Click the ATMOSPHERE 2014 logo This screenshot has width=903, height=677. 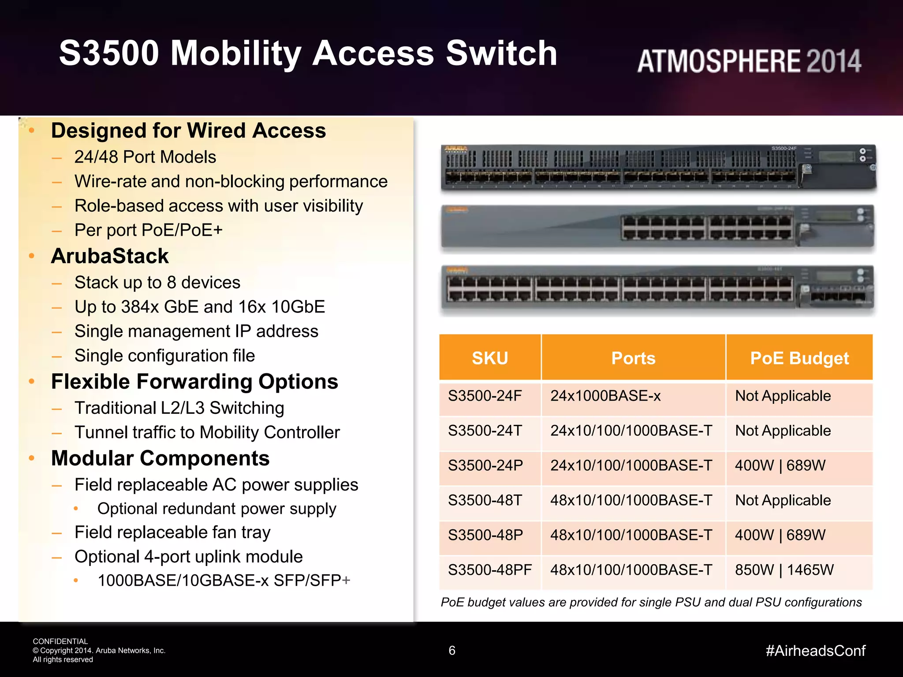point(749,61)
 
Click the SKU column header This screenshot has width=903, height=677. point(490,358)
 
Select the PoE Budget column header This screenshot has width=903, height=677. point(799,358)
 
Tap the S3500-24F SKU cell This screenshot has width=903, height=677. point(485,396)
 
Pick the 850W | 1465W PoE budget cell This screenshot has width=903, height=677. point(784,570)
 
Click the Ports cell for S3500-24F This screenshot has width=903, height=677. point(605,396)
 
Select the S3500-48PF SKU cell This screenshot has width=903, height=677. point(490,570)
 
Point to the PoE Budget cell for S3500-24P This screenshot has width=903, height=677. point(780,465)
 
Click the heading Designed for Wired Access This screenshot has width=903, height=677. point(188,131)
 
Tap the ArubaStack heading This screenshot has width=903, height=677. point(110,257)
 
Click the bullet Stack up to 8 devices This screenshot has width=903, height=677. point(157,283)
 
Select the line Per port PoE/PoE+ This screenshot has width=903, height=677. point(149,230)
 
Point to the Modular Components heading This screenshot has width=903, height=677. point(160,458)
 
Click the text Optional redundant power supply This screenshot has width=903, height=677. point(216,509)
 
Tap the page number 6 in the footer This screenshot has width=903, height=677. point(452,651)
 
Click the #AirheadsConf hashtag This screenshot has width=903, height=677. point(815,651)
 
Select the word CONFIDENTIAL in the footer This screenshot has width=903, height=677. point(60,641)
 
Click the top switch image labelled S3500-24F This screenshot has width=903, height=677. point(658,167)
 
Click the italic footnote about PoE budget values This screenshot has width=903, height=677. point(651,603)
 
